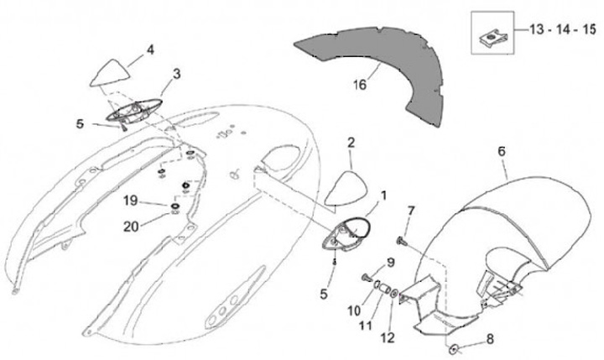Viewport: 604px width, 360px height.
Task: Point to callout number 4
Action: [x=151, y=50]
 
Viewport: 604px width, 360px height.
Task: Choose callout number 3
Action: [x=177, y=74]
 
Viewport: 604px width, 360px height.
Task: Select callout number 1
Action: [x=385, y=196]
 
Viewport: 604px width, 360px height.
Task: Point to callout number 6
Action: [x=502, y=152]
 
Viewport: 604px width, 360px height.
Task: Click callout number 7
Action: [x=411, y=209]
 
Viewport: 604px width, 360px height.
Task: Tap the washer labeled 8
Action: [x=454, y=347]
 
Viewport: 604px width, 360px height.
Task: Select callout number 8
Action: [x=491, y=341]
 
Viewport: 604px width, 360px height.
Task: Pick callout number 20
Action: [x=131, y=225]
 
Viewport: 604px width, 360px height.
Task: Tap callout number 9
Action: [x=390, y=263]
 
